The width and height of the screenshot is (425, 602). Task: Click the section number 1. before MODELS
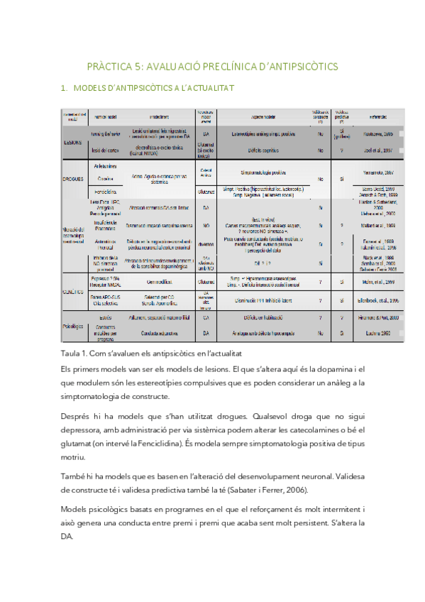[65, 89]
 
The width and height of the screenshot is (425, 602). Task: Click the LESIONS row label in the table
[72, 141]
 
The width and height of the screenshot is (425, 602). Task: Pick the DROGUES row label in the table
[73, 180]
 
